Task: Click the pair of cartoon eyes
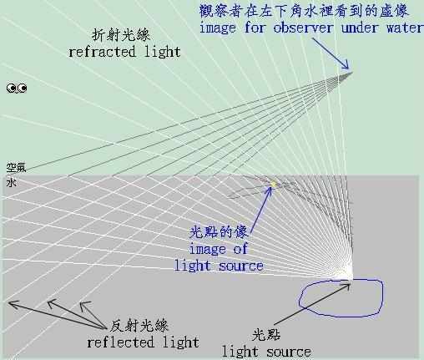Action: pyautogui.click(x=17, y=89)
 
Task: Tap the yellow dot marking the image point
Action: pyautogui.click(x=274, y=184)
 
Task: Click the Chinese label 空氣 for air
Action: pyautogui.click(x=16, y=168)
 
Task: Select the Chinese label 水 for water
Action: pyautogui.click(x=11, y=183)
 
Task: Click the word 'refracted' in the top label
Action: pyautogui.click(x=102, y=52)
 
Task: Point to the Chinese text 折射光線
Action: pyautogui.click(x=121, y=35)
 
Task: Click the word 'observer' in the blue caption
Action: pyautogui.click(x=303, y=28)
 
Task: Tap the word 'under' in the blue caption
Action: pyautogui.click(x=359, y=28)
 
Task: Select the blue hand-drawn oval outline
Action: pyautogui.click(x=383, y=298)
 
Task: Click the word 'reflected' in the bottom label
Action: pyautogui.click(x=120, y=342)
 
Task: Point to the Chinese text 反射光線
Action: pyautogui.click(x=139, y=326)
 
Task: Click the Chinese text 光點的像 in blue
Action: pyautogui.click(x=219, y=231)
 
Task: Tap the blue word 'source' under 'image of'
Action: pyautogui.click(x=241, y=266)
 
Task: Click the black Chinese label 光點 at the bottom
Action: pyautogui.click(x=266, y=335)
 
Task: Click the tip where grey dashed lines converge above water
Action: pyautogui.click(x=352, y=73)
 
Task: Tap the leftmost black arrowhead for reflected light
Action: pyautogui.click(x=13, y=304)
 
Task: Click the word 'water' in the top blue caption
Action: pyautogui.click(x=405, y=28)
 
